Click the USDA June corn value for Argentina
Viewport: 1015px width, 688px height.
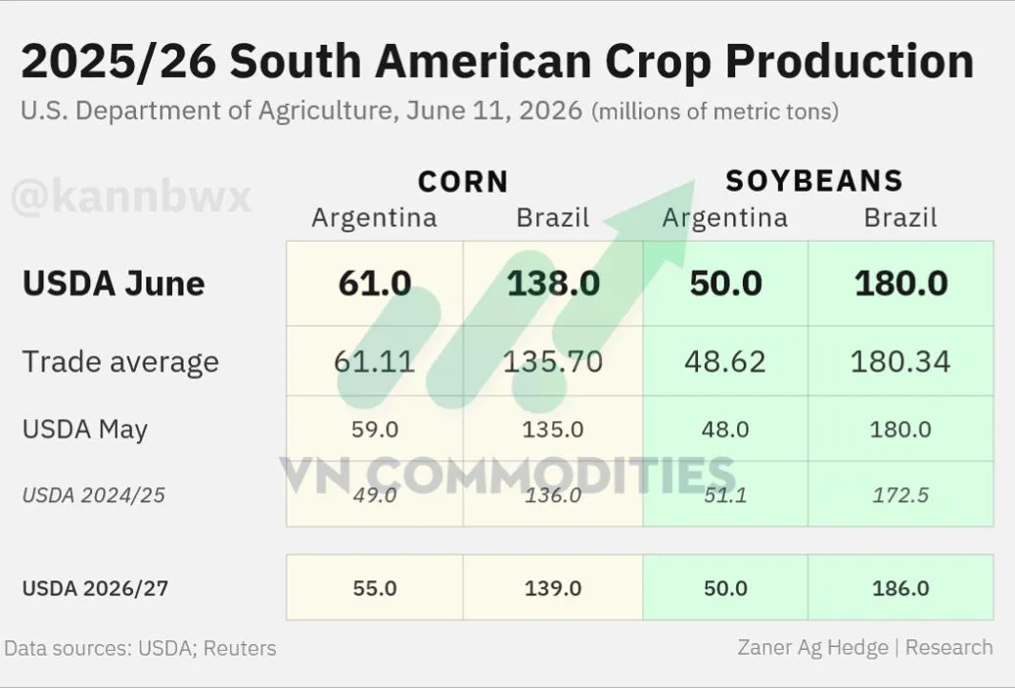[375, 284]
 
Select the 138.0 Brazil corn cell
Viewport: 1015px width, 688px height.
[553, 284]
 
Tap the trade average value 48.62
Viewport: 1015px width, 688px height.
[725, 361]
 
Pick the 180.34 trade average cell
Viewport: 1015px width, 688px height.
[900, 361]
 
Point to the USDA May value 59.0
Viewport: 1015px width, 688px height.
[375, 429]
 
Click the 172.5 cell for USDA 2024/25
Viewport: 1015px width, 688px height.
[900, 495]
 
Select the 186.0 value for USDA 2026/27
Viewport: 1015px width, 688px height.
[900, 588]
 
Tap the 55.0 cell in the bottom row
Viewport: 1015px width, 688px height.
[375, 588]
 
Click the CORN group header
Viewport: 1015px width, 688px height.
[464, 181]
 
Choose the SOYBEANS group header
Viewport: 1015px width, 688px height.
[814, 181]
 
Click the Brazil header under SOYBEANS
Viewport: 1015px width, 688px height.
[900, 217]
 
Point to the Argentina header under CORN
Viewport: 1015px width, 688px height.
[374, 218]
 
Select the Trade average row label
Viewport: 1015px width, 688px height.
[120, 362]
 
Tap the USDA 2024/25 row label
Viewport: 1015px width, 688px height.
[93, 495]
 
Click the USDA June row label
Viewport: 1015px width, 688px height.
[114, 284]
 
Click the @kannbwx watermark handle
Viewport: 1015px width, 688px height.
[131, 197]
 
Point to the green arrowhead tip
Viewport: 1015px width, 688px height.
[695, 180]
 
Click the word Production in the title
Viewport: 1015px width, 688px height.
[850, 61]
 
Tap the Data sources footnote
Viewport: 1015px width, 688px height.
[140, 648]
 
